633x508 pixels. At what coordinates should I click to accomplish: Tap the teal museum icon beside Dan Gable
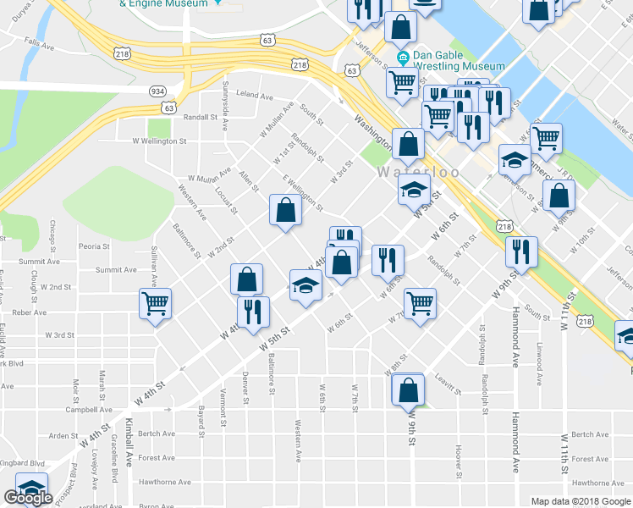click(404, 58)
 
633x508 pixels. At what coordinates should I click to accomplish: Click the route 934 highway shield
click(158, 90)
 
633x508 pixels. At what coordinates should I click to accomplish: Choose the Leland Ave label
click(256, 95)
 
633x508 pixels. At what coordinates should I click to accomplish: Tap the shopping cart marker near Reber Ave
click(156, 304)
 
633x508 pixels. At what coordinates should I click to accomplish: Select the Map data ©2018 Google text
click(581, 500)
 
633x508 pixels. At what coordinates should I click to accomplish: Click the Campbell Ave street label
click(90, 409)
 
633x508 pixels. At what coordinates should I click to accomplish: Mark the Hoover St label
click(457, 458)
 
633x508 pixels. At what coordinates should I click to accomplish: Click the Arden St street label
click(63, 436)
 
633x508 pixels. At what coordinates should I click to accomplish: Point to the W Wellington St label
click(159, 141)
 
